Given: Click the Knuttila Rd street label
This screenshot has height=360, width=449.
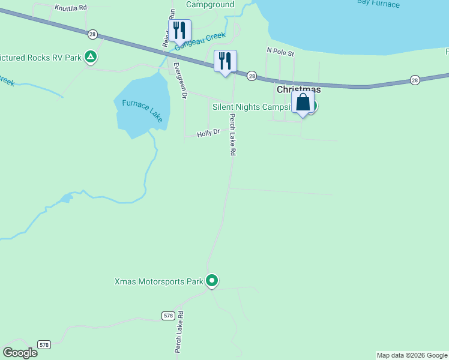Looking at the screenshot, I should point(70,8).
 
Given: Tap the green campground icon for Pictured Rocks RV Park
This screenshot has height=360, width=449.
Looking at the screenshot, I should point(91,57).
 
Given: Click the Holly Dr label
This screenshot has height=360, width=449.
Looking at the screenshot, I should point(208,133).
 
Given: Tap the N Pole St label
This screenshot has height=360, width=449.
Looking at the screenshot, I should point(280,53).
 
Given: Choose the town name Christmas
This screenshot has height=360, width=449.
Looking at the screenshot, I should point(298,89).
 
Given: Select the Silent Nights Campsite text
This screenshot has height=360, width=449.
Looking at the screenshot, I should point(252,107).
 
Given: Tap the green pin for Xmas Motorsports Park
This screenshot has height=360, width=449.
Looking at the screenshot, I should point(211,280).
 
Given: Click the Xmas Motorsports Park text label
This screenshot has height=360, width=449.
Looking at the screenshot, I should point(158,281).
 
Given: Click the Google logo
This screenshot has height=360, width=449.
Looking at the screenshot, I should point(20,352).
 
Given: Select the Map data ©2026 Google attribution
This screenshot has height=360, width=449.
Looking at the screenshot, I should point(412,355).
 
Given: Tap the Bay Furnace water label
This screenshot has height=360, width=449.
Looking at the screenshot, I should point(378,4).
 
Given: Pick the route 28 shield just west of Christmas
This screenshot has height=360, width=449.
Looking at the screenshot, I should point(252,76).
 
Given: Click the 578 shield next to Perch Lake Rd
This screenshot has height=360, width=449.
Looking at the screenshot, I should point(167,315).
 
